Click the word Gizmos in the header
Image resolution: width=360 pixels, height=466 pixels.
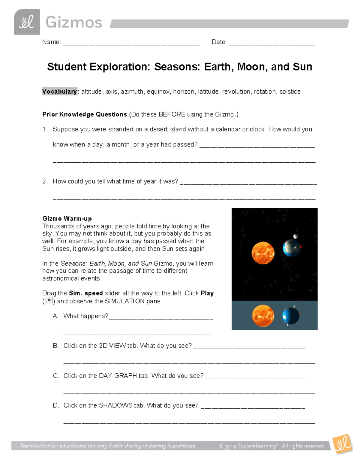74,23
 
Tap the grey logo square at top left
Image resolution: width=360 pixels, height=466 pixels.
27,22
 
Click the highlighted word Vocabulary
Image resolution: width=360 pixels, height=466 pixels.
59,92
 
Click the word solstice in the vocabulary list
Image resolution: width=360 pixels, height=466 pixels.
290,92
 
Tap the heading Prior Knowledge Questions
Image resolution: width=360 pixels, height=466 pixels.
85,114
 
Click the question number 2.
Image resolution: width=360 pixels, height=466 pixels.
44,181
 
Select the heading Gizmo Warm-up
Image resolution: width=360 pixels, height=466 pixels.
67,218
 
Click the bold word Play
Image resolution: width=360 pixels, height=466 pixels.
207,293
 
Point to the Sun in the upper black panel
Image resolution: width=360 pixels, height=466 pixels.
263,253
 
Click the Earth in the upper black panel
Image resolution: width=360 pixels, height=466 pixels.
291,248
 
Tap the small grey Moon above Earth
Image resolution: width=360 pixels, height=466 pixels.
296,236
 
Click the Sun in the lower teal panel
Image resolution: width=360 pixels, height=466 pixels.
263,315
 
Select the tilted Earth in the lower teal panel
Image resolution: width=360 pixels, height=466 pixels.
291,316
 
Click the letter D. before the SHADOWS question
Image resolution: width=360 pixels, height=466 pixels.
56,405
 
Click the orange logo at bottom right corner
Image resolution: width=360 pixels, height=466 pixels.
343,443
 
